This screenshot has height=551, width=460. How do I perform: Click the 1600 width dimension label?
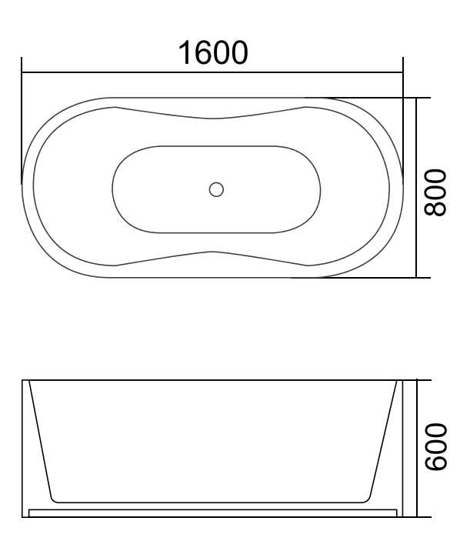pyautogui.click(x=213, y=53)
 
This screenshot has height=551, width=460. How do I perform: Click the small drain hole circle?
pyautogui.click(x=216, y=188)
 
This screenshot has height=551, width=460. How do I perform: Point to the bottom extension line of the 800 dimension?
pyautogui.click(x=369, y=277)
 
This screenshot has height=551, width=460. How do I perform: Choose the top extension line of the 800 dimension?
pyautogui.click(x=369, y=98)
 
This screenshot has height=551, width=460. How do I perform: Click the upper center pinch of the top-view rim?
pyautogui.click(x=214, y=119)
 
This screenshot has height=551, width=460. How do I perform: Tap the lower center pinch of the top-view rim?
pyautogui.click(x=214, y=252)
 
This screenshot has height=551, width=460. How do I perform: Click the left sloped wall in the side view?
pyautogui.click(x=40, y=439)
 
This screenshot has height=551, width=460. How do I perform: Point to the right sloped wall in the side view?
pyautogui.click(x=384, y=439)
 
